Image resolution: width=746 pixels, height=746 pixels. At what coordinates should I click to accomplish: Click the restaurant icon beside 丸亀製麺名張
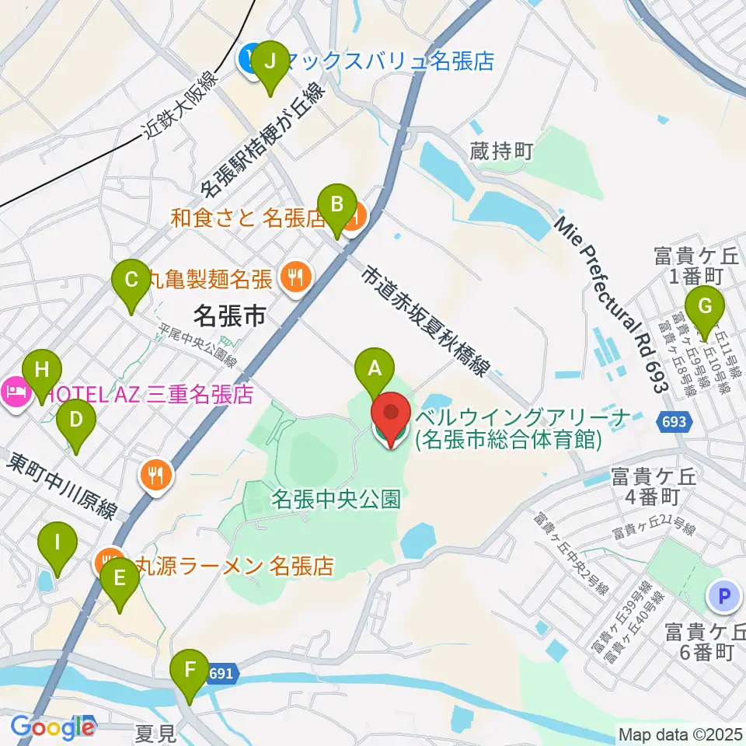(x=295, y=274)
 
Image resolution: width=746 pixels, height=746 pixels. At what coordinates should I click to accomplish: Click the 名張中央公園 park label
(x=336, y=499)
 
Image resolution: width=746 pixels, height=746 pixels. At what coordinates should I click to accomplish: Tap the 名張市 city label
(x=229, y=315)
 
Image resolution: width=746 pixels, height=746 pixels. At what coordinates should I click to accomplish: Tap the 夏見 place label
(x=153, y=732)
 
